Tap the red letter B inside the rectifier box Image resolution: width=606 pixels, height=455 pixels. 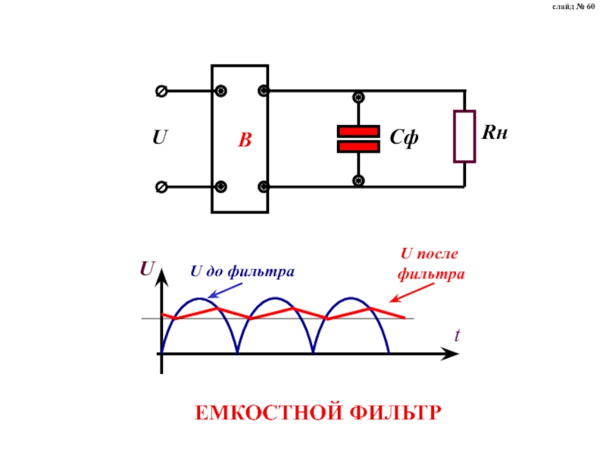244,140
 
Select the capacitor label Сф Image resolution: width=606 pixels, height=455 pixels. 405,139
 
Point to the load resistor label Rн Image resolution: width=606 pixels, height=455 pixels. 494,133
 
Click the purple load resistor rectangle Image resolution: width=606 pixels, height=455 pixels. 464,136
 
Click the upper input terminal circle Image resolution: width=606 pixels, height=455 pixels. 161,91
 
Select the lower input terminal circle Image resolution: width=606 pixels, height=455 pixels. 161,187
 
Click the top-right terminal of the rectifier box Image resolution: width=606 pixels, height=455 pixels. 264,91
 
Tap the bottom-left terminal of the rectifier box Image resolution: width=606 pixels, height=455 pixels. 220,187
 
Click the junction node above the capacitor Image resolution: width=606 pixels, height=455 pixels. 358,98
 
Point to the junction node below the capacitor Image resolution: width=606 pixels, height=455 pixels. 358,180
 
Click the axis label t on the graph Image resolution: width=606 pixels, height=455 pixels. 457,334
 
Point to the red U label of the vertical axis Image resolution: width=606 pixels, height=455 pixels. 148,269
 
